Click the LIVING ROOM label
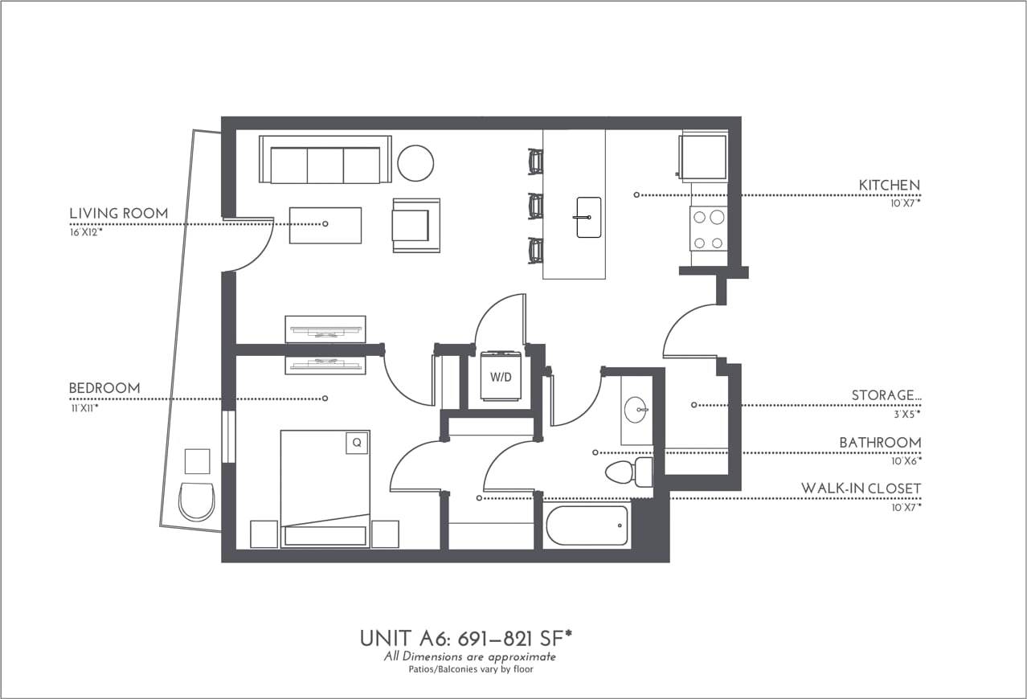(x=119, y=214)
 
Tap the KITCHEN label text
(x=889, y=186)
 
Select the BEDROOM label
(x=104, y=389)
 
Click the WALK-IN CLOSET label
(x=861, y=488)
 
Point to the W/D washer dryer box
(x=501, y=375)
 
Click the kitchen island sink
(x=588, y=217)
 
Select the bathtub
(x=587, y=526)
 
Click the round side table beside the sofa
(x=415, y=163)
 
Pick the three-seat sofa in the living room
(x=325, y=161)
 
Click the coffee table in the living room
(x=325, y=225)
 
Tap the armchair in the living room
(x=415, y=225)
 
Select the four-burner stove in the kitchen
(x=709, y=229)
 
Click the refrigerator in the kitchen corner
(x=703, y=157)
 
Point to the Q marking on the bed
(x=356, y=443)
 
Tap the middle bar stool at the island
(x=536, y=206)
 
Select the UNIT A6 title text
(x=465, y=639)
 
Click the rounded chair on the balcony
(x=197, y=501)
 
